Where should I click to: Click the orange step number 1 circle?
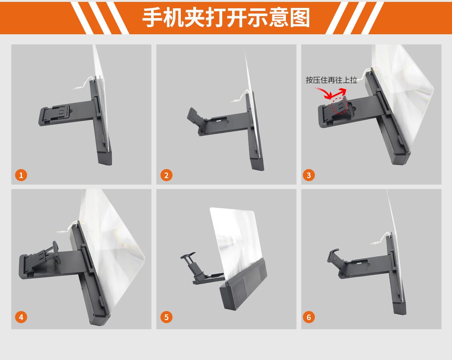21,175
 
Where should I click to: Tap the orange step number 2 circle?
166,175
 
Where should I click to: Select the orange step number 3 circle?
309,175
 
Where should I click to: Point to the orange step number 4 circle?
21,317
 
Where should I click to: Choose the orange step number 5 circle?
166,317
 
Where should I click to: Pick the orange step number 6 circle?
309,317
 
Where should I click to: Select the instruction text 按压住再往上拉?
331,80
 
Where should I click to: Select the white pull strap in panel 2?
239,97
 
